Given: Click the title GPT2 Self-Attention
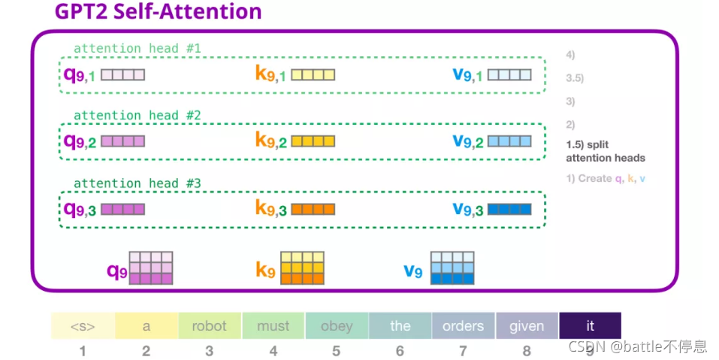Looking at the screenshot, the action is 158,12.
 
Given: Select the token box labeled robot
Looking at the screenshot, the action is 209,325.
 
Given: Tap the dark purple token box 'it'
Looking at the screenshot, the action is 590,325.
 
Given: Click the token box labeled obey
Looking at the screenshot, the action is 336,325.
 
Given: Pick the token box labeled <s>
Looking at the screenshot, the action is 83,325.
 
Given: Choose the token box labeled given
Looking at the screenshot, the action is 527,325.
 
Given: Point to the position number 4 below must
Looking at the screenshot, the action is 273,350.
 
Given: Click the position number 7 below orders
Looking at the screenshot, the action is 463,350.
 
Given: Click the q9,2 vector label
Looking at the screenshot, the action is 80,141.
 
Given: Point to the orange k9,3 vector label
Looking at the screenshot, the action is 270,209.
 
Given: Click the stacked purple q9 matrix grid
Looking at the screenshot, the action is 151,268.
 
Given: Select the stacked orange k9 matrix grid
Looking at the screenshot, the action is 302,268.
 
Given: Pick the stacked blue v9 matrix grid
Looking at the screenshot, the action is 452,268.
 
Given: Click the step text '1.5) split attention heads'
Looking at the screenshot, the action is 605,152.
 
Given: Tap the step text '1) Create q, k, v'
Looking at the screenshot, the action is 606,179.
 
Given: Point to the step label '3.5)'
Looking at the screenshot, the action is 575,78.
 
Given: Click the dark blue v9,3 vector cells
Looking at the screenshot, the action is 509,209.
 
